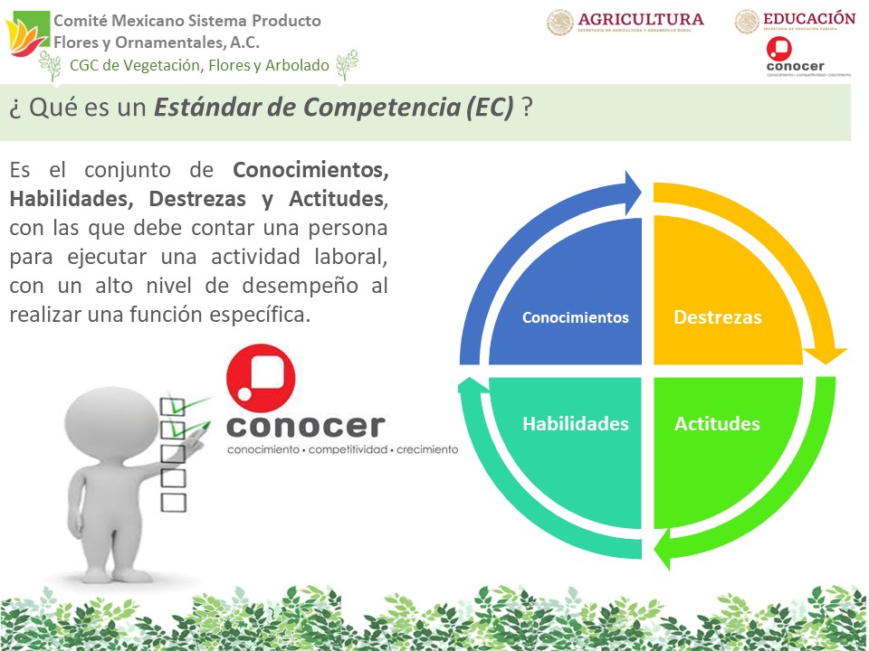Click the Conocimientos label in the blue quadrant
[575, 317]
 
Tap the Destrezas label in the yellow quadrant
[718, 317]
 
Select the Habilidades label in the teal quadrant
[575, 424]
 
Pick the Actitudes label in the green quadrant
[717, 424]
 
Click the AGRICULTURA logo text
[640, 19]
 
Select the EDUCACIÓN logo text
[808, 18]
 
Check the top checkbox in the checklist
[173, 406]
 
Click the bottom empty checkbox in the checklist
[173, 501]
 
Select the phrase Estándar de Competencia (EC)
[334, 108]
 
